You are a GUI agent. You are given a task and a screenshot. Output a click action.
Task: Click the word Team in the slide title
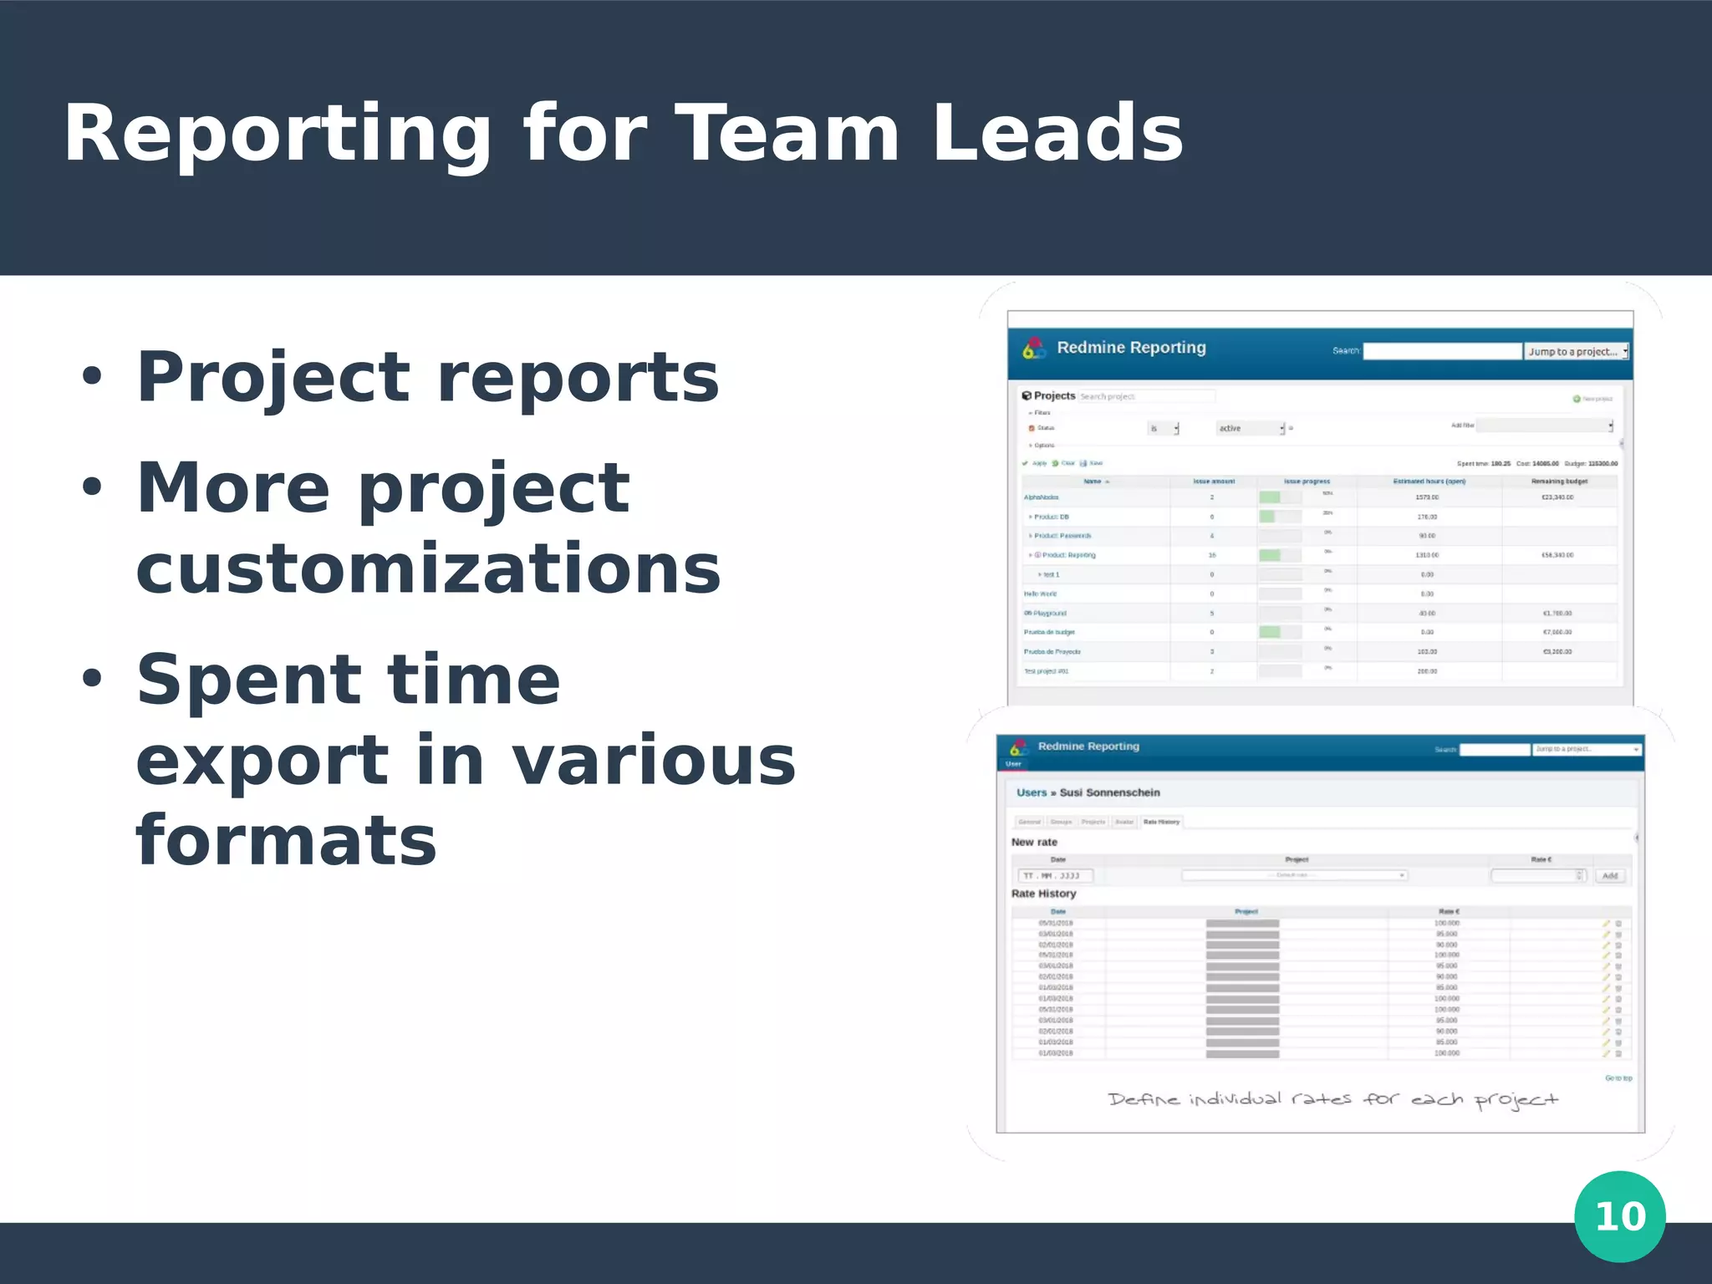point(787,134)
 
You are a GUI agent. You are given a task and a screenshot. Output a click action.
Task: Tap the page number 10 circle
point(1619,1216)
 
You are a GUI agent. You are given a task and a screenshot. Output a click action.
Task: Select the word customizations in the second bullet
point(428,568)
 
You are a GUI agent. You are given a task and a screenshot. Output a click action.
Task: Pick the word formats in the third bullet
point(286,840)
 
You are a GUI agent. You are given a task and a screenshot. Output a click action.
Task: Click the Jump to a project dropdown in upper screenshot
point(1577,352)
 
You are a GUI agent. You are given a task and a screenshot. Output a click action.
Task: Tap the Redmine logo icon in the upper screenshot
point(1034,349)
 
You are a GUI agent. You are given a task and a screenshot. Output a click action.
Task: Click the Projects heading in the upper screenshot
point(1053,395)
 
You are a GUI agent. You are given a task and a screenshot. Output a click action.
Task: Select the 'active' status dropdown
point(1250,428)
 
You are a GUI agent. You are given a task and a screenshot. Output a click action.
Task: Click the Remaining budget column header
point(1558,481)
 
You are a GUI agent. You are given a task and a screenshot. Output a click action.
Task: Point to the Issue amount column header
point(1213,481)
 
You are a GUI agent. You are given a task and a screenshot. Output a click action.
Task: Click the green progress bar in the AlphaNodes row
point(1270,497)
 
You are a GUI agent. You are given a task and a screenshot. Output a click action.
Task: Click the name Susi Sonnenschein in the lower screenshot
point(1109,792)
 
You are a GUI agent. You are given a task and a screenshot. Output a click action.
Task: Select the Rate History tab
point(1161,822)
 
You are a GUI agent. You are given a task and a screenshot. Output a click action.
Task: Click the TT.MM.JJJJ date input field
point(1055,875)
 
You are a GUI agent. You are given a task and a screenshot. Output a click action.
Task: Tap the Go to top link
point(1618,1078)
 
